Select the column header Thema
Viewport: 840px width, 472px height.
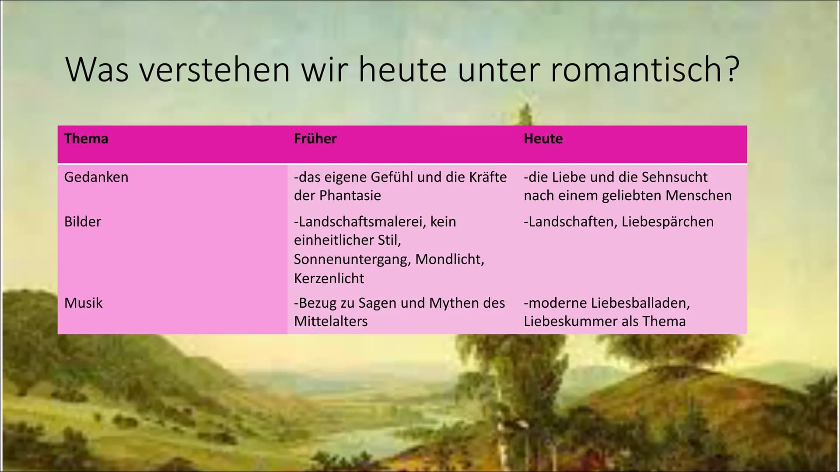pyautogui.click(x=86, y=139)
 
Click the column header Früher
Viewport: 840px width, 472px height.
pyautogui.click(x=315, y=139)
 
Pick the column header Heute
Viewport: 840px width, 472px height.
pyautogui.click(x=543, y=139)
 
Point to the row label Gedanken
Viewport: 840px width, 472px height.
pyautogui.click(x=96, y=177)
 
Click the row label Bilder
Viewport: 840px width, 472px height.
pyautogui.click(x=83, y=222)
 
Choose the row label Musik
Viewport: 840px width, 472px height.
pyautogui.click(x=84, y=303)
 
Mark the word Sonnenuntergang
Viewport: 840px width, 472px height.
pyautogui.click(x=352, y=259)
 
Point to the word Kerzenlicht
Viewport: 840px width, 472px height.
pyautogui.click(x=329, y=278)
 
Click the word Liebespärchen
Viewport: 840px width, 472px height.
pyautogui.click(x=668, y=222)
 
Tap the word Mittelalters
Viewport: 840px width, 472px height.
pyautogui.click(x=331, y=321)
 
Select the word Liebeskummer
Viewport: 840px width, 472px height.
pyautogui.click(x=570, y=321)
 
